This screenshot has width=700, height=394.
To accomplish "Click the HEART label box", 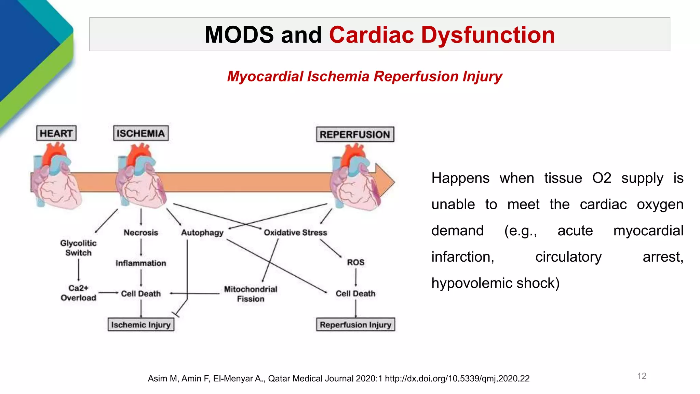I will point(56,133).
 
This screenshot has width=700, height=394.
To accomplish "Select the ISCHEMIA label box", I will point(141,133).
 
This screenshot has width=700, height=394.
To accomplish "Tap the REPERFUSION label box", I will point(355,134).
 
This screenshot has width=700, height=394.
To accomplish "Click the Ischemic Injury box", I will point(141,325).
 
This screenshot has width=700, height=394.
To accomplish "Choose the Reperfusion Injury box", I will point(355,325).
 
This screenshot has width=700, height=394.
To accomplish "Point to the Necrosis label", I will point(141,233).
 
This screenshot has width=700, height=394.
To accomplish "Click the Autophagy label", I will point(202,233).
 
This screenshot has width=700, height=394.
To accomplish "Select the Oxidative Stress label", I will point(295,233).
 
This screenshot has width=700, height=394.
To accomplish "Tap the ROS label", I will point(355,262).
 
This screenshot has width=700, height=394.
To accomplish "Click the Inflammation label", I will point(141,263).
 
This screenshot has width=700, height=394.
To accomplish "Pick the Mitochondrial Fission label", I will point(251,294).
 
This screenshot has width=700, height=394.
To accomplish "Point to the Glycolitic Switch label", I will point(78,248).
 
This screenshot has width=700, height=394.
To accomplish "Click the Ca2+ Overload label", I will point(78,293).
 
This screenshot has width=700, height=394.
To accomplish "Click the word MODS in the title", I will point(239,35).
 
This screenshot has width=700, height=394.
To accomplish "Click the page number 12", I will point(642,376).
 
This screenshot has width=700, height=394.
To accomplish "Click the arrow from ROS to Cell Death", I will point(355,277).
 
